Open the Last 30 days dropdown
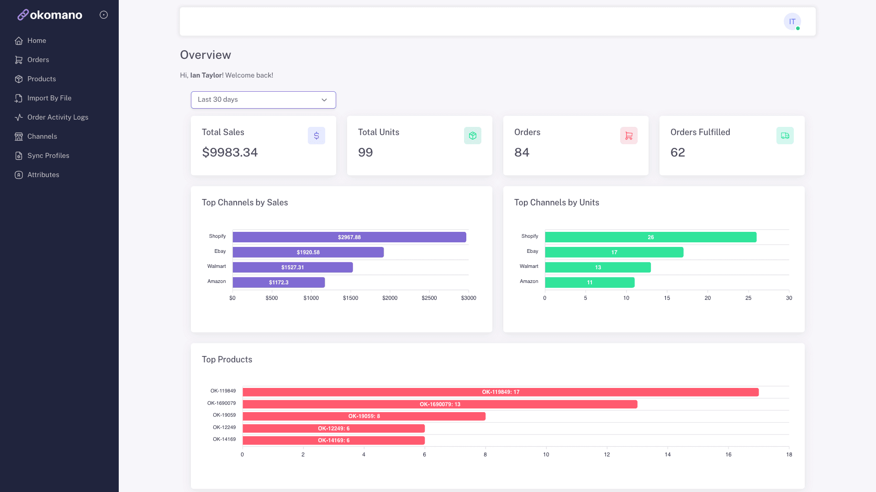point(264,100)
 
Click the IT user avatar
point(792,21)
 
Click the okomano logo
point(50,15)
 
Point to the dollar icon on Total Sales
point(317,136)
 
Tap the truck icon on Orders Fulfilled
point(785,136)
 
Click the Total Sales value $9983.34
point(230,152)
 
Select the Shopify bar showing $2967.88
point(349,237)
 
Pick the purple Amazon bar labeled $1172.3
point(279,283)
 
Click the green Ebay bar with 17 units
point(614,252)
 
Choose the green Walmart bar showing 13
point(598,267)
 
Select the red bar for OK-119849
point(501,392)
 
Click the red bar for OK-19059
point(364,416)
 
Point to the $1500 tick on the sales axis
point(351,298)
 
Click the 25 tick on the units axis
point(748,298)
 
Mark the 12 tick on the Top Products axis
point(607,455)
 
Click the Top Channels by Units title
point(557,203)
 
